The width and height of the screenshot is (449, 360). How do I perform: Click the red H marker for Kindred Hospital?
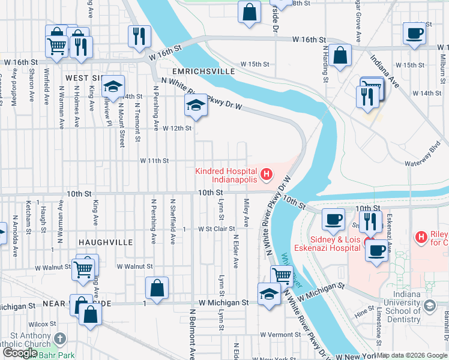tap(267, 175)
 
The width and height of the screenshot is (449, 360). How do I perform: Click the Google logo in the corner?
tap(20, 353)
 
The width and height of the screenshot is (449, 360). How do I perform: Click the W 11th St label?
tap(154, 161)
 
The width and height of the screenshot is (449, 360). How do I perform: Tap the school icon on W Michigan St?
tap(269, 293)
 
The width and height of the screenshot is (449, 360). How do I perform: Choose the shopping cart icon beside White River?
tap(281, 275)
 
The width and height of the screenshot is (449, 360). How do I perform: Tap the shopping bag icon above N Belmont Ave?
tap(157, 287)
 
